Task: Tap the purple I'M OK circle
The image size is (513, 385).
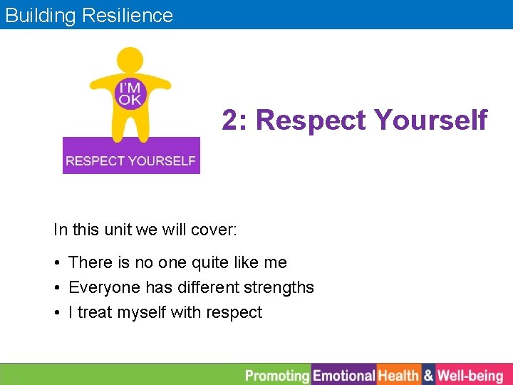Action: point(130,94)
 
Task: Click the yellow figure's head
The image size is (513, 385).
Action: point(130,60)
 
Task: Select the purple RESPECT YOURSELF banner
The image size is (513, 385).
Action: point(131,160)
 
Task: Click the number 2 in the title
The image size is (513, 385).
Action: point(229,120)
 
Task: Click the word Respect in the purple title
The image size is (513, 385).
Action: point(309,120)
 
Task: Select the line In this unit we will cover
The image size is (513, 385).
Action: point(145,230)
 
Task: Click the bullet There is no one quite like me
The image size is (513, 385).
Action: point(177,262)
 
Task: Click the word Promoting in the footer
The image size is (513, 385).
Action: point(277,375)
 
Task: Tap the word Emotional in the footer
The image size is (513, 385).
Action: point(344,375)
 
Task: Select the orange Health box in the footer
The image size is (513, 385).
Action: point(398,375)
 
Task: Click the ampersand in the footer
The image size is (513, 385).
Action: point(428,375)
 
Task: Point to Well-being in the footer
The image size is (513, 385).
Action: point(470,375)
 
